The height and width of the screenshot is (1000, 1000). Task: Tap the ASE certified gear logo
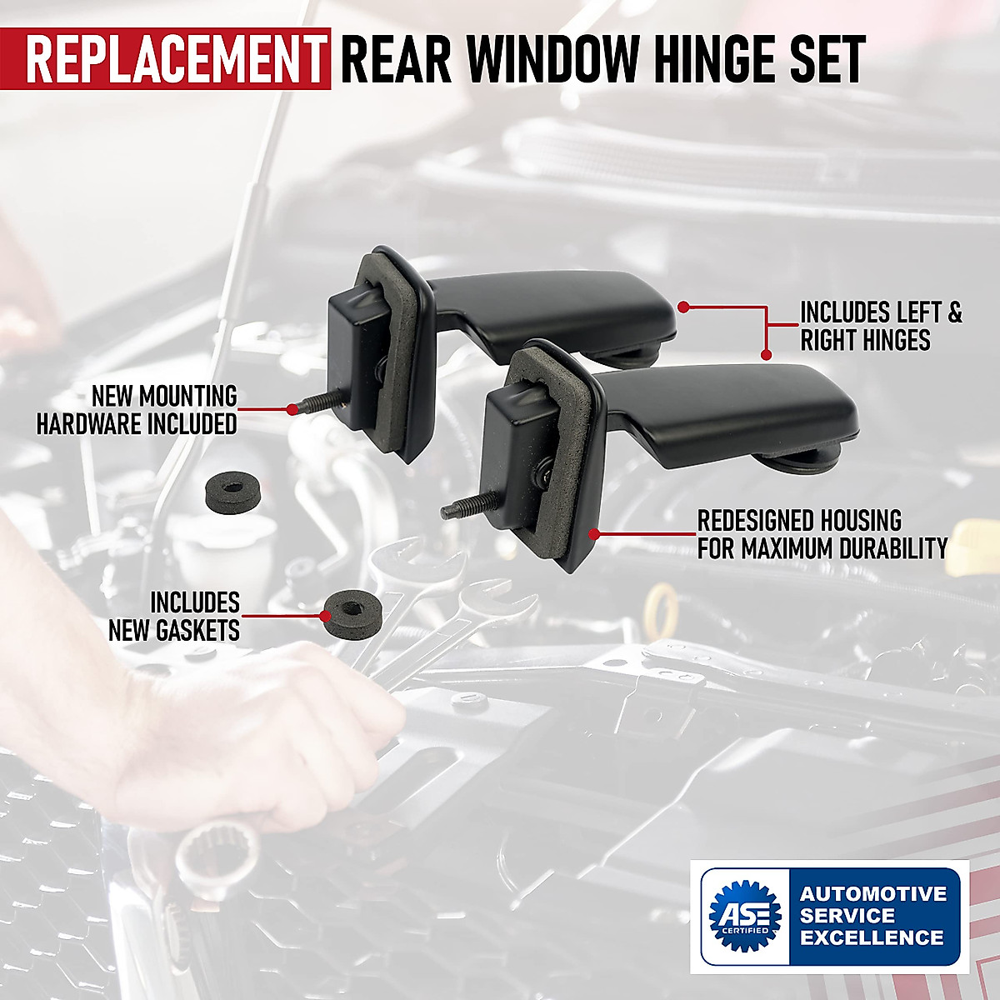click(x=744, y=916)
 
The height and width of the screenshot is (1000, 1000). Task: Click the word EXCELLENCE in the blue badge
click(x=872, y=937)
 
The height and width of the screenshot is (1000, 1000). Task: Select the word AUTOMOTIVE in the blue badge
click(x=873, y=894)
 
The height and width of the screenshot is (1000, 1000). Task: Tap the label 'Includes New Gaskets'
click(x=175, y=617)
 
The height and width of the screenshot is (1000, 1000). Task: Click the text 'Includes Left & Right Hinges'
click(x=880, y=326)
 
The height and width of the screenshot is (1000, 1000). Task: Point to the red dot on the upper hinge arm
click(x=682, y=307)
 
